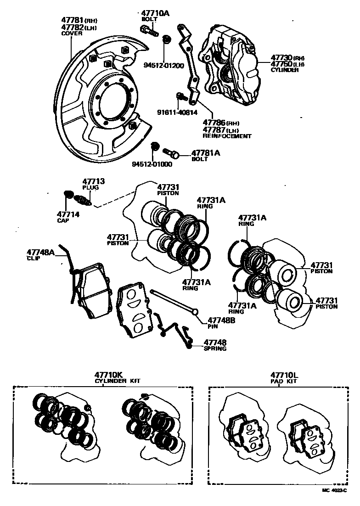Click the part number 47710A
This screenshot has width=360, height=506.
pos(155,13)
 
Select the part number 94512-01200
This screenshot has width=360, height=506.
pos(164,65)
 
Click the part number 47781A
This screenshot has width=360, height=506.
pos(206,153)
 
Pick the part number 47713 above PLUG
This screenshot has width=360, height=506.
pos(93,182)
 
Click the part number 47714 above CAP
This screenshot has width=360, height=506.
pos(68,214)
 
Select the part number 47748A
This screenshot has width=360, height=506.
pos(40,252)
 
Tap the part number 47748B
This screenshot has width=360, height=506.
pos(222,320)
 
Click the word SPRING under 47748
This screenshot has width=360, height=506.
pos(215,349)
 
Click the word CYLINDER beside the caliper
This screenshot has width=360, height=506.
pos(285,70)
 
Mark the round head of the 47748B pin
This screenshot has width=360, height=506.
pos(195,312)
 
